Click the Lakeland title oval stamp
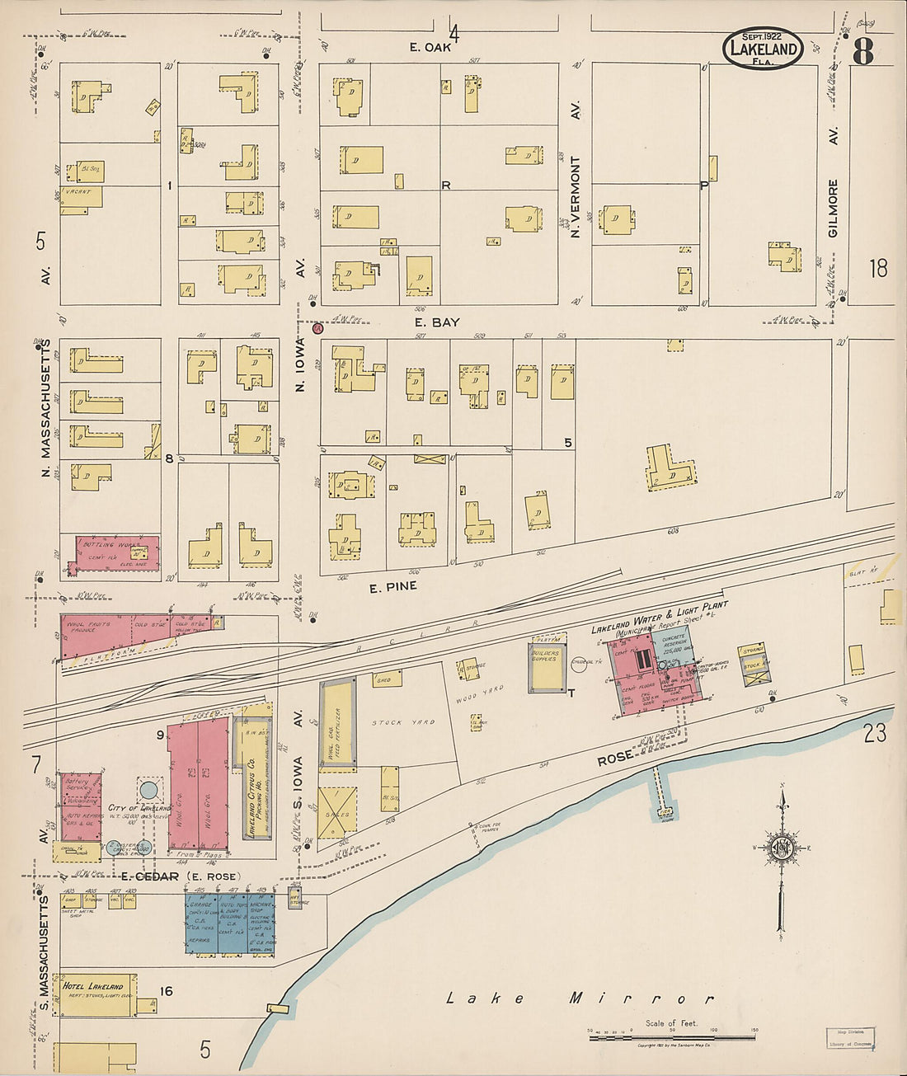click(x=763, y=48)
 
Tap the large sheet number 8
click(x=862, y=52)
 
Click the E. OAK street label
click(x=430, y=47)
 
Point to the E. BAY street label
click(x=437, y=322)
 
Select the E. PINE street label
click(x=392, y=586)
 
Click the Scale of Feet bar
click(x=673, y=1036)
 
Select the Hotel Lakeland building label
click(x=92, y=986)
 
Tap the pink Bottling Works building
click(x=116, y=553)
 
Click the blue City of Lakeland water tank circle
click(x=148, y=790)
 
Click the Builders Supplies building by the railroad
click(x=547, y=665)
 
